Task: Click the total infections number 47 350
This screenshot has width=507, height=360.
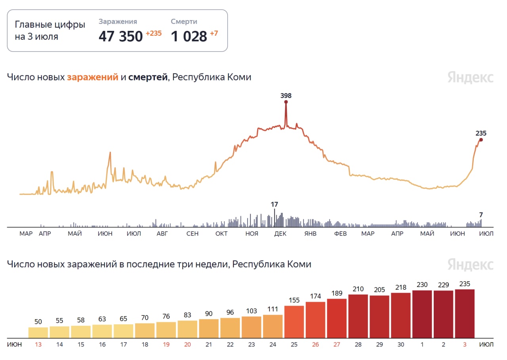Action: [x=120, y=36]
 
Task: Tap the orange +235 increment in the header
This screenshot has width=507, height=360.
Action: [x=154, y=33]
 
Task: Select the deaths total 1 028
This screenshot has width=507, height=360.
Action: [x=189, y=36]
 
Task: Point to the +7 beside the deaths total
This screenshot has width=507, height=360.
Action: [x=214, y=33]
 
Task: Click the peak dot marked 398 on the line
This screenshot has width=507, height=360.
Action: [x=286, y=102]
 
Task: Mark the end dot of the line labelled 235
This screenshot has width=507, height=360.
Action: [x=481, y=140]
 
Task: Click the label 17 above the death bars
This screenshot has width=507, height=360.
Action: [x=274, y=205]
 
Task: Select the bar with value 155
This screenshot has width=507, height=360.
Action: [x=294, y=322]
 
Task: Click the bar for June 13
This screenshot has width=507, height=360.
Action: [x=38, y=332]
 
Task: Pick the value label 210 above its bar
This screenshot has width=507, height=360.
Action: [x=358, y=289]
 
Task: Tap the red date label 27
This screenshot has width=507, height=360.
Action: [x=337, y=345]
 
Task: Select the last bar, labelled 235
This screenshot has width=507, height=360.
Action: [x=465, y=313]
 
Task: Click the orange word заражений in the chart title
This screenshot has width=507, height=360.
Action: [x=93, y=77]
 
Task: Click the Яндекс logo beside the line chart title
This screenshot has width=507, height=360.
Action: [x=471, y=77]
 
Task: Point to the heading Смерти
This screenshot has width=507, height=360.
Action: [x=184, y=22]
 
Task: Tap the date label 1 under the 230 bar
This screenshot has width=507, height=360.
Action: [x=422, y=345]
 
